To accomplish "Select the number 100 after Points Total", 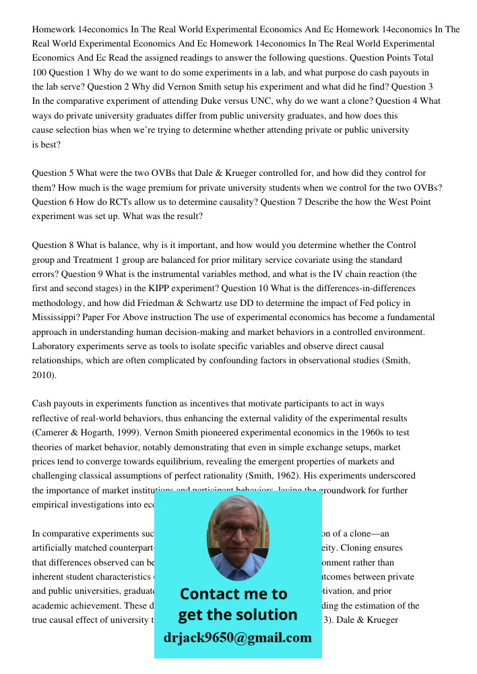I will coord(40,72).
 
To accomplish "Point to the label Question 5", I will coord(53,173).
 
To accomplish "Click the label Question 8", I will coord(53,245).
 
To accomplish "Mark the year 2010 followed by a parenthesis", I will coord(42,375).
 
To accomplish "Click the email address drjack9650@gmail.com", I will coord(237,638).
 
